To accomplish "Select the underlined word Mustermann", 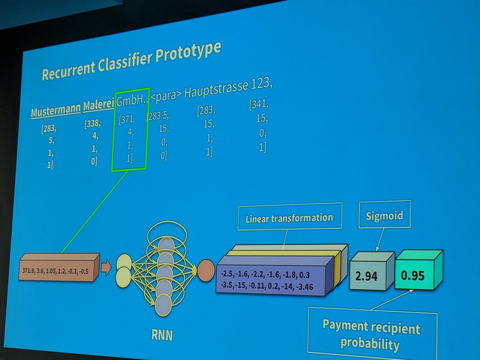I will (56, 111).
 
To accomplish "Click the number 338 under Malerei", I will (92, 124).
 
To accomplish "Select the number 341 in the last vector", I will (259, 105).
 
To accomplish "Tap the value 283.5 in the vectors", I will (158, 116).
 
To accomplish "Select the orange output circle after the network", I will (206, 270).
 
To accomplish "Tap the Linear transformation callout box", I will (289, 217).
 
